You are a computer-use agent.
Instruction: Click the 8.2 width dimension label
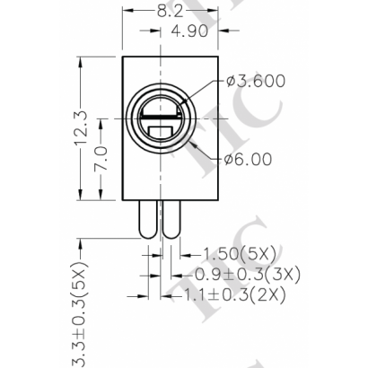click(170, 12)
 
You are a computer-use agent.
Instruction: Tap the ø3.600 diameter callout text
click(257, 81)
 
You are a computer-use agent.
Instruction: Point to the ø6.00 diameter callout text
click(249, 160)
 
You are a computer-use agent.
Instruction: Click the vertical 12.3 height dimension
click(81, 131)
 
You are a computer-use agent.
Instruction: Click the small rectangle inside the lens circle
click(164, 136)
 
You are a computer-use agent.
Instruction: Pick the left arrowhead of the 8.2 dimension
click(125, 12)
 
